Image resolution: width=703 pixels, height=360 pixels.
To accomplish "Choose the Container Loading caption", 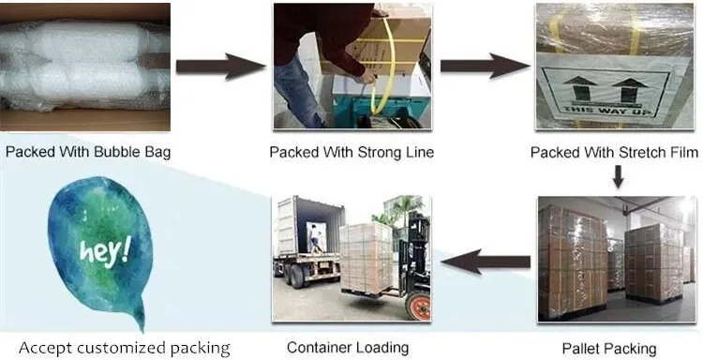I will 348,348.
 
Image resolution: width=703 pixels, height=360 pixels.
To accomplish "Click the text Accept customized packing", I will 125,348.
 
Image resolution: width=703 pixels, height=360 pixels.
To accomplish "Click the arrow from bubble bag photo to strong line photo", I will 220,66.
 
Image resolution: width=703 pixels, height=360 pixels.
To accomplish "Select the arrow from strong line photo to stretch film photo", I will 485,66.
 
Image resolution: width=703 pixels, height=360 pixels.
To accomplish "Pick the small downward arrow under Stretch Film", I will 619,175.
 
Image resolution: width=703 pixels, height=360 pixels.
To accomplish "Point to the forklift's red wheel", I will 417,306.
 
